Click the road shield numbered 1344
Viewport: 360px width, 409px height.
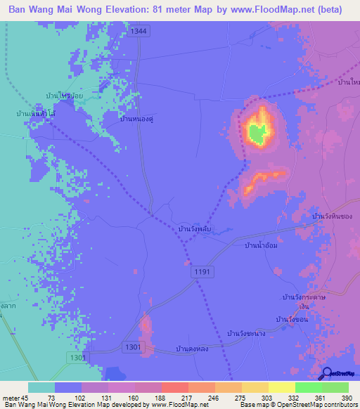139,32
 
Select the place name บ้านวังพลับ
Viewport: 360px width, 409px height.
195,229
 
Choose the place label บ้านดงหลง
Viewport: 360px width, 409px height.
191,349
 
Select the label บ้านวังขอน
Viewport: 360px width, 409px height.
292,320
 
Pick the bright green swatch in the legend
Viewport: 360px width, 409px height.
308,387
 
